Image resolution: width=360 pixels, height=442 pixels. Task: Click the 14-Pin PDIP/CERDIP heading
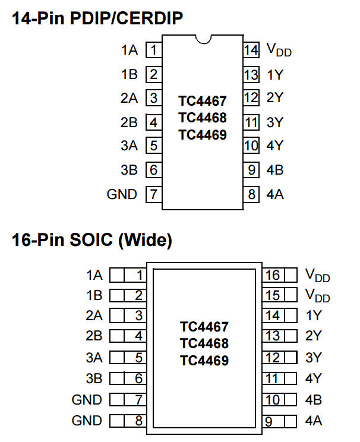[x=97, y=18]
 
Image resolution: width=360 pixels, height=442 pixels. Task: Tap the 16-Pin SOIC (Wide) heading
[x=92, y=240]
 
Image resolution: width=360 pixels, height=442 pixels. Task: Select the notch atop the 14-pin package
[x=204, y=39]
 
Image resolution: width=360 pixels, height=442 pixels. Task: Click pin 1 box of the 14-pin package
[x=154, y=50]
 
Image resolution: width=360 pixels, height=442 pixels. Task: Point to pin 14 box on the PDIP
[x=251, y=50]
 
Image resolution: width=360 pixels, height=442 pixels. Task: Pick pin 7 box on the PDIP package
[x=154, y=194]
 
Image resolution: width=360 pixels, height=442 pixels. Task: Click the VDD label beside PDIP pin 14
[x=279, y=50]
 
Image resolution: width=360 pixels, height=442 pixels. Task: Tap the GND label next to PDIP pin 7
[x=122, y=194]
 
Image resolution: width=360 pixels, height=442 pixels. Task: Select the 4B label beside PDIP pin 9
[x=275, y=170]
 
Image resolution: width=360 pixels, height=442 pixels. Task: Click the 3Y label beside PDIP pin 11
[x=275, y=122]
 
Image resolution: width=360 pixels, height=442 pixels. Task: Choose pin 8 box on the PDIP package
[x=251, y=194]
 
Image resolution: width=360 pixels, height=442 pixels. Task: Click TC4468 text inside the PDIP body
[x=203, y=118]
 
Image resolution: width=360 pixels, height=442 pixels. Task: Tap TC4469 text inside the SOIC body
[x=204, y=361]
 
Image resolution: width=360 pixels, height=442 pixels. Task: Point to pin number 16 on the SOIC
[x=273, y=275]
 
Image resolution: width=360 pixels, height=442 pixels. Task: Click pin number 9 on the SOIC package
[x=269, y=422]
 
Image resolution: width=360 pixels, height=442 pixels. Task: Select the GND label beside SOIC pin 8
[x=87, y=421]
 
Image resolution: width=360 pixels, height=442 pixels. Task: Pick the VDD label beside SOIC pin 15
[x=317, y=296]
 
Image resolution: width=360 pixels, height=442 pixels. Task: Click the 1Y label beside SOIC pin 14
[x=314, y=315]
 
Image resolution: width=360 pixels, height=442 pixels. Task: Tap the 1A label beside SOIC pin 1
[x=94, y=275]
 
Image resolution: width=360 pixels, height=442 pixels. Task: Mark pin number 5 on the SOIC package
[x=138, y=358]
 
